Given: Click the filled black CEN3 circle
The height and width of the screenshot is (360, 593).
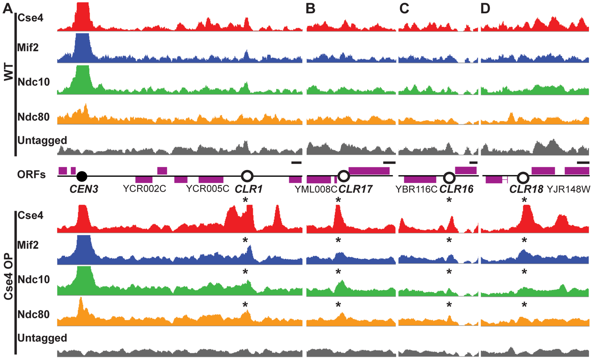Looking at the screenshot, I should (x=82, y=176).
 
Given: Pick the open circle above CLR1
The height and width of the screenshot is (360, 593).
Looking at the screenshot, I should (x=247, y=176).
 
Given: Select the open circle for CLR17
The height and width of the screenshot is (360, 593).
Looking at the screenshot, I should (x=344, y=176).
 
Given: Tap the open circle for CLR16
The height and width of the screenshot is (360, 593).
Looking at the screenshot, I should (x=449, y=178).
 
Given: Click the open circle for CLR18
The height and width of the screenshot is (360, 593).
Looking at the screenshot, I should (x=523, y=178).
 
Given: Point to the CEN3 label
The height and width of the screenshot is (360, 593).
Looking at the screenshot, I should (x=84, y=189).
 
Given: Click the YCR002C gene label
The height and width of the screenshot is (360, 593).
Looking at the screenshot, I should (x=144, y=189).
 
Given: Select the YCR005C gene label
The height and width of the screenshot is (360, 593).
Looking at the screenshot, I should (x=207, y=189).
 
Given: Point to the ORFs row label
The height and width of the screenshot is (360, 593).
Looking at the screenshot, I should (x=31, y=174).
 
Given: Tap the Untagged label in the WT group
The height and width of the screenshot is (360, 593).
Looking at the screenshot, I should (x=42, y=140).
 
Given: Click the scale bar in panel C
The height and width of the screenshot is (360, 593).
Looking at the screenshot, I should (x=473, y=163).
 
